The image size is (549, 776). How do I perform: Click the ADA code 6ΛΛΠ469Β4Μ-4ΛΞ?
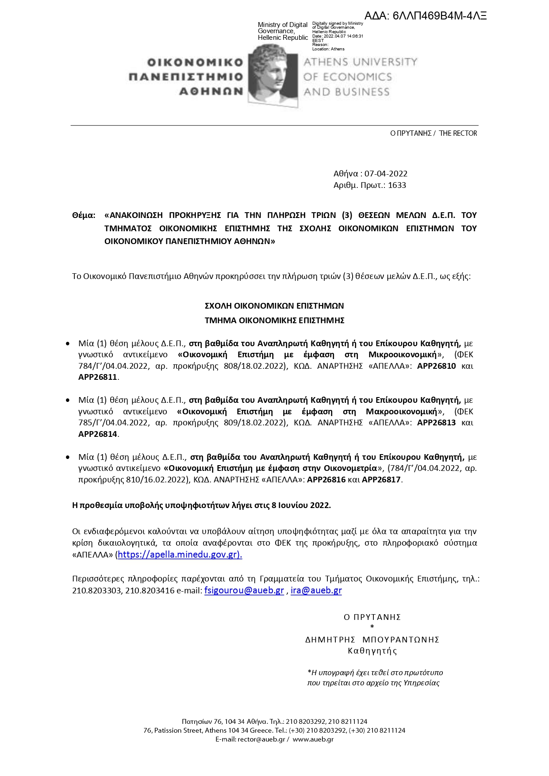[x=426, y=16]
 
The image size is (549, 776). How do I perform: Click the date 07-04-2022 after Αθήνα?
[x=386, y=174]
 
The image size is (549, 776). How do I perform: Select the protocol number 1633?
[x=397, y=185]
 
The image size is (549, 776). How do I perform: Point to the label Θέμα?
[x=84, y=215]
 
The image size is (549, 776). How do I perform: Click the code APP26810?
[x=436, y=366]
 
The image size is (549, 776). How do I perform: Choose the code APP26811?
[x=98, y=377]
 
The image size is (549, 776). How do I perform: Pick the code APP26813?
[x=436, y=423]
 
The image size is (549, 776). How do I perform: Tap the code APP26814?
[x=98, y=434]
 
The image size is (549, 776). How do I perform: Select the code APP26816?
[x=326, y=480]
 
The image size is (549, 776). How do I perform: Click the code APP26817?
[x=381, y=480]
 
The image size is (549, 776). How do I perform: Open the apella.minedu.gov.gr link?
[x=180, y=554]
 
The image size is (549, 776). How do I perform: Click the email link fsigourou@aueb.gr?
[x=244, y=591]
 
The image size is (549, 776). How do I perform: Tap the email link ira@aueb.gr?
[x=316, y=591]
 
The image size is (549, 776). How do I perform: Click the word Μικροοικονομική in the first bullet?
[x=402, y=355]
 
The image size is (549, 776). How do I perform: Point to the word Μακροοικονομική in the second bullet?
[x=401, y=412]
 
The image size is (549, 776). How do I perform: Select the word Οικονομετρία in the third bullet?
[x=350, y=468]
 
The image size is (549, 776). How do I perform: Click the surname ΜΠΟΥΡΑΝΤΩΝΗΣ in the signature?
[x=401, y=640]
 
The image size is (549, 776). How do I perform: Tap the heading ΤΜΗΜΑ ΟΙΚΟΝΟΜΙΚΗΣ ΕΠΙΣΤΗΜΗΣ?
[x=274, y=320]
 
